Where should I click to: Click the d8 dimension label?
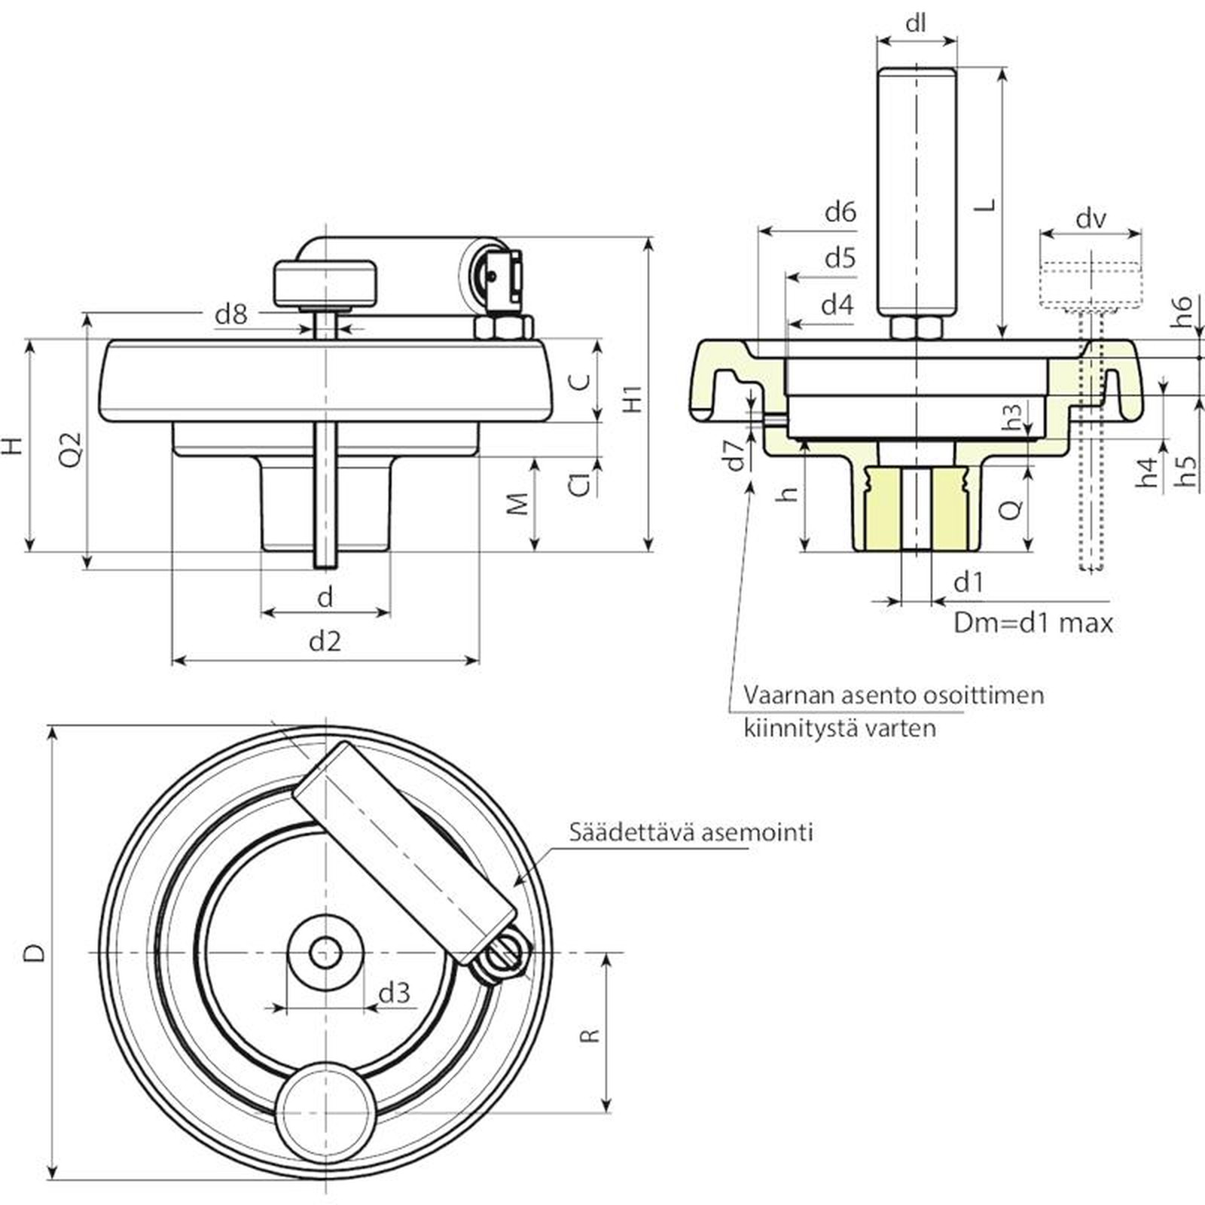point(231,314)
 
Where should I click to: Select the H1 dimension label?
point(633,398)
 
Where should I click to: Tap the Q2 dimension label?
point(69,450)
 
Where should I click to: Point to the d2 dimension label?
point(325,642)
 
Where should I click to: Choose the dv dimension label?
point(1091,219)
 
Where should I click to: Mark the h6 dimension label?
point(1183,311)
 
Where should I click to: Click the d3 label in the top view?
point(395,993)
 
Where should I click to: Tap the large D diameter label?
point(35,953)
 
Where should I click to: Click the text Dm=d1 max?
point(1033,623)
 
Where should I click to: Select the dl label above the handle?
point(916,24)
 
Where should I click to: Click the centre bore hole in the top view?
point(325,953)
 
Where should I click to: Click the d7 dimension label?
point(734,454)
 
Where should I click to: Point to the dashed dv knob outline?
point(1090,283)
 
